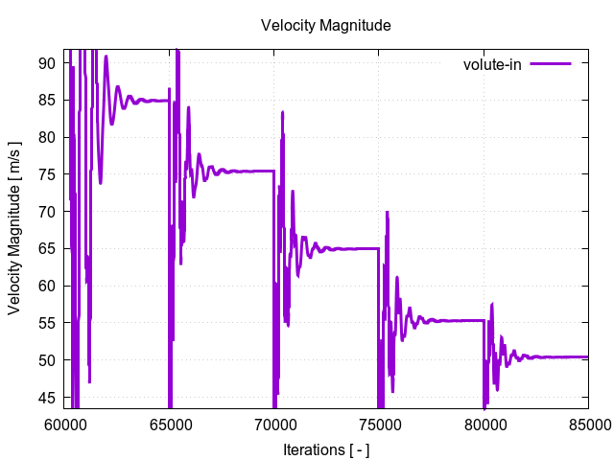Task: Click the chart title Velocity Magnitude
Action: pyautogui.click(x=326, y=26)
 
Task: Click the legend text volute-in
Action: pyautogui.click(x=491, y=64)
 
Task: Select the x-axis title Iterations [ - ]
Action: pyautogui.click(x=326, y=448)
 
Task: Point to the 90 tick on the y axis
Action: pyautogui.click(x=47, y=63)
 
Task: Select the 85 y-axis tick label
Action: pyautogui.click(x=47, y=100)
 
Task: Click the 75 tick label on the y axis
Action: pyautogui.click(x=47, y=174)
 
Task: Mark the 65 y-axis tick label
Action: pyautogui.click(x=47, y=249)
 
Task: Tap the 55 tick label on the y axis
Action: pyautogui.click(x=47, y=323)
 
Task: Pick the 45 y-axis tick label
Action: pyautogui.click(x=47, y=398)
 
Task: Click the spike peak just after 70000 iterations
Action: pyautogui.click(x=283, y=112)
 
